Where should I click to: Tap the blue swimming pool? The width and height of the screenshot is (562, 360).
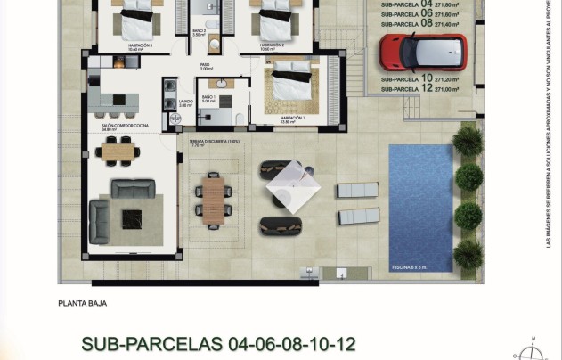click(420, 207)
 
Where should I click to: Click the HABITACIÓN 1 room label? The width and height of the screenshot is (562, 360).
click(292, 119)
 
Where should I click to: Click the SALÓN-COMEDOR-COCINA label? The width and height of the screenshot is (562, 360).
click(125, 127)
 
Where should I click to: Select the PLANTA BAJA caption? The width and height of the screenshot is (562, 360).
click(82, 303)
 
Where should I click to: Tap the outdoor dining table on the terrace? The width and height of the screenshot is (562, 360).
click(214, 200)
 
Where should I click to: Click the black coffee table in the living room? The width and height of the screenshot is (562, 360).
click(133, 218)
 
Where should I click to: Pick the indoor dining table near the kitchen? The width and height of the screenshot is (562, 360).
click(117, 152)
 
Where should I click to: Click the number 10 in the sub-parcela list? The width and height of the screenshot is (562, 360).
click(427, 78)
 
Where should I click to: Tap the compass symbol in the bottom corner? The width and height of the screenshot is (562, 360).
click(531, 351)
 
